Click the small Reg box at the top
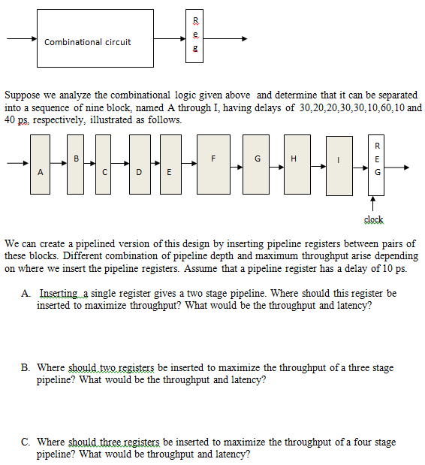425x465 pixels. point(196,34)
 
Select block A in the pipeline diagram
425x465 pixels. point(41,164)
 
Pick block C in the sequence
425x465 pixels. point(106,163)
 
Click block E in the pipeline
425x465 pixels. point(170,163)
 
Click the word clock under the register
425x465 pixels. point(373,219)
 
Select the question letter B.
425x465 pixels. point(26,367)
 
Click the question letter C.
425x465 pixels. point(26,442)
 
